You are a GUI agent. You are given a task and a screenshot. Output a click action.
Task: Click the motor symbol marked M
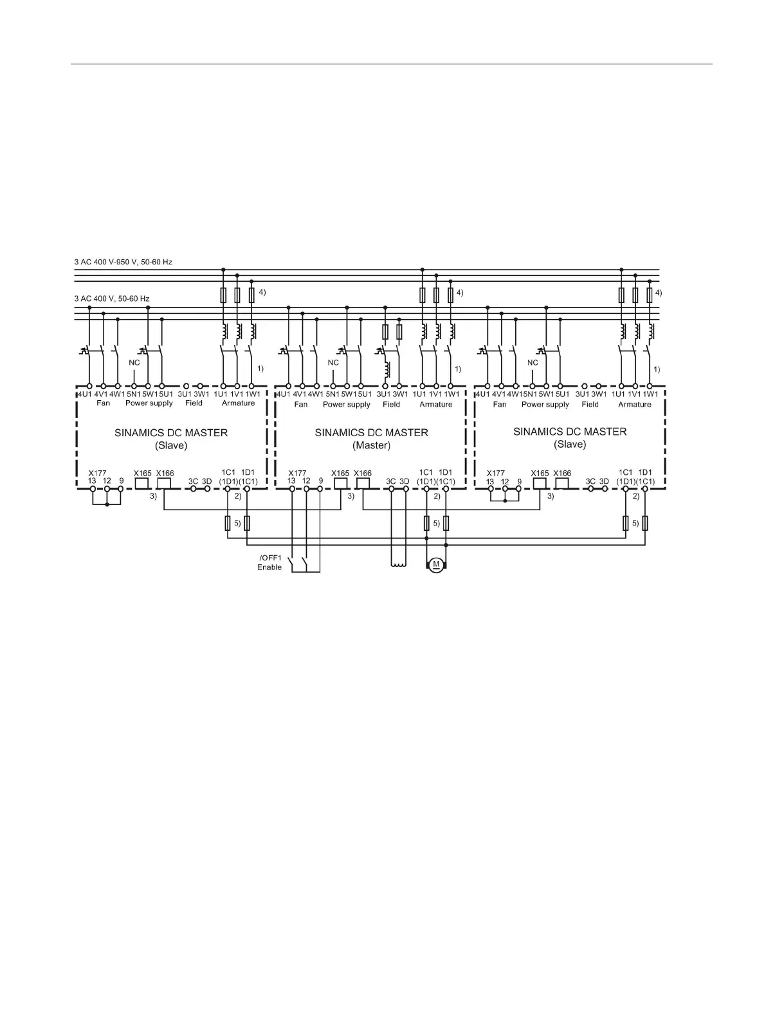(x=436, y=565)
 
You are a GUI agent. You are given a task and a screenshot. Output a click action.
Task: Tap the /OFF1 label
(x=271, y=558)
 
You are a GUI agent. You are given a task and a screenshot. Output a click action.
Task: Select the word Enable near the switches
(x=269, y=567)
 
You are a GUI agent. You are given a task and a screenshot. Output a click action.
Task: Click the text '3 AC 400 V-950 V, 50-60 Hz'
(x=123, y=262)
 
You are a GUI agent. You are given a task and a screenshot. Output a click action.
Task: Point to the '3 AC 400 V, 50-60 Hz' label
(x=112, y=299)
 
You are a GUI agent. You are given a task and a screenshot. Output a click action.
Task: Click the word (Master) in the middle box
(x=371, y=445)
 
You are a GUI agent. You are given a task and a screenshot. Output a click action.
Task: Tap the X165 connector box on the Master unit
(x=341, y=484)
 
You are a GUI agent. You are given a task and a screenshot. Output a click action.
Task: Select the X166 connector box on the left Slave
(x=164, y=484)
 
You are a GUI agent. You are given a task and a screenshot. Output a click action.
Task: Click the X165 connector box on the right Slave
(x=540, y=484)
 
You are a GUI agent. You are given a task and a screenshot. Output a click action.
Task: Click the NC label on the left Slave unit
(x=134, y=363)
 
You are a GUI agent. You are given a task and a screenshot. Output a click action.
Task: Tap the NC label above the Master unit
(x=333, y=363)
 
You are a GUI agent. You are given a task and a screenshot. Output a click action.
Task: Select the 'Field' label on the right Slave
(x=590, y=405)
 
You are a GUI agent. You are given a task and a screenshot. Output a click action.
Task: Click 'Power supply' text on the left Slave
(x=149, y=403)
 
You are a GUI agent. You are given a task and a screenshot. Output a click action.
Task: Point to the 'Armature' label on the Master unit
(x=435, y=405)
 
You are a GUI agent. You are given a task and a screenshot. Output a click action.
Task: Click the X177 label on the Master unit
(x=297, y=473)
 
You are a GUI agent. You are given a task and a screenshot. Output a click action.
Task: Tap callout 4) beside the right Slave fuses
(x=658, y=292)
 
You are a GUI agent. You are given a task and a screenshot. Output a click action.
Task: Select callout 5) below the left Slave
(x=237, y=523)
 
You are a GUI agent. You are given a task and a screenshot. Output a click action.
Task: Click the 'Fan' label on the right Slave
(x=500, y=405)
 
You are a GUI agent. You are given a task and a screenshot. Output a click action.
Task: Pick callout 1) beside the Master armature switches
(x=458, y=369)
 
